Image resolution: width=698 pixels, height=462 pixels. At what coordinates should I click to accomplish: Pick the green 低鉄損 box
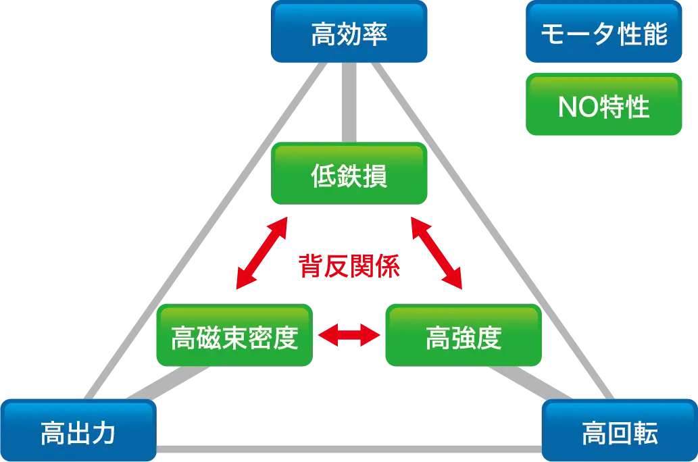349,175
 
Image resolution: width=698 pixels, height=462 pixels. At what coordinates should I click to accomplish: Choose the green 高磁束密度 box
234,336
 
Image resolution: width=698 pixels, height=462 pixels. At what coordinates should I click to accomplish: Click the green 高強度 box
464,336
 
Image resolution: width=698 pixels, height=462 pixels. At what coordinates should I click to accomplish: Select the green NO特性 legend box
603,106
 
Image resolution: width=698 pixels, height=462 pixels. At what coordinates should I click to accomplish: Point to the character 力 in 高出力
104,433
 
